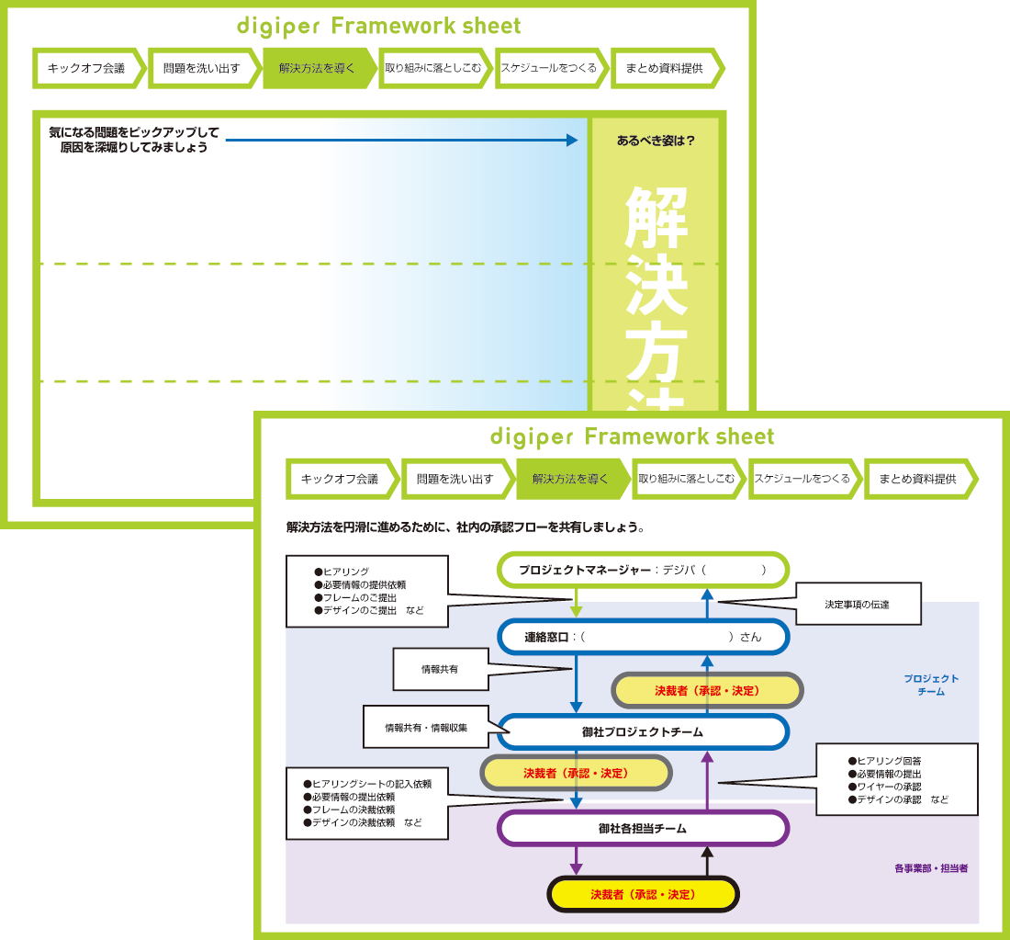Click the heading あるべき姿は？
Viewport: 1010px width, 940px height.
tap(656, 142)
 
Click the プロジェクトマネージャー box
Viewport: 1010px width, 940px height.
tap(643, 570)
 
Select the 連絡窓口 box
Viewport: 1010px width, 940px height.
tap(643, 636)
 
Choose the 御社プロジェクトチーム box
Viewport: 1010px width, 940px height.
tap(643, 731)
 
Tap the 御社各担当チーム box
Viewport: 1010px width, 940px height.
tap(643, 828)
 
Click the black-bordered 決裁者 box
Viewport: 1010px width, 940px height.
tap(643, 894)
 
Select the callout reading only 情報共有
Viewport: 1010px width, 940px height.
tap(439, 669)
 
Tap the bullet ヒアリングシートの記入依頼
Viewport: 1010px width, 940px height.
tap(367, 785)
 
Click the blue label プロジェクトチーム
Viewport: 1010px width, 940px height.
tap(931, 685)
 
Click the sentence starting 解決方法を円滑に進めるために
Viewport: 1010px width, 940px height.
tap(466, 528)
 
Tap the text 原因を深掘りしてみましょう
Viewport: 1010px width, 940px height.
tap(133, 148)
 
